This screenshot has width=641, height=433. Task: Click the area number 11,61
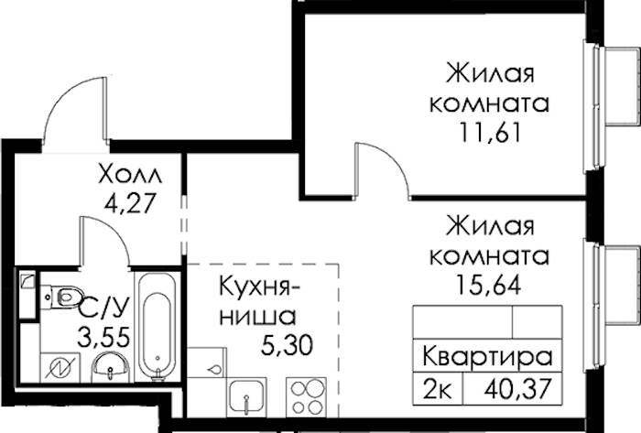coord(491,133)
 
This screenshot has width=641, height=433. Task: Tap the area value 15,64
coord(489,285)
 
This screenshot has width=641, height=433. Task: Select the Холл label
coord(130,175)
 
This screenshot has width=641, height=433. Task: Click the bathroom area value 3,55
coord(105,338)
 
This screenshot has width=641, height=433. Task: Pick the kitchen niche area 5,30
coord(287,346)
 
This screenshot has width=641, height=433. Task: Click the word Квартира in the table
coord(487,356)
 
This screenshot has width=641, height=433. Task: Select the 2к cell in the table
coord(438,389)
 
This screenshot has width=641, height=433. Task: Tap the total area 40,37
coord(518,389)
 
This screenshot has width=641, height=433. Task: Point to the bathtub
coord(157,327)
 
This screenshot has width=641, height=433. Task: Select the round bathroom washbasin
coord(111,368)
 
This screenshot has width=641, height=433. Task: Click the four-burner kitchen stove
coord(306,396)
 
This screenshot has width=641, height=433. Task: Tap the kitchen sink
coord(247,397)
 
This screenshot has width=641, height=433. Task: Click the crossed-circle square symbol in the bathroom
coord(60,368)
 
